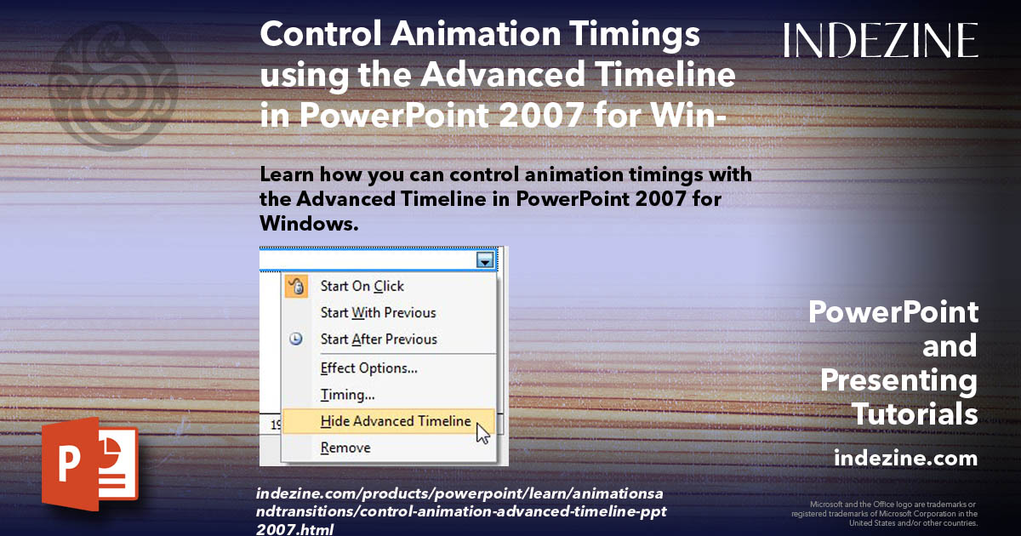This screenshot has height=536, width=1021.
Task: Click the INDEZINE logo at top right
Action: click(x=881, y=40)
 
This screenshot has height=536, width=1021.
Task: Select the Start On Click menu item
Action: click(x=362, y=287)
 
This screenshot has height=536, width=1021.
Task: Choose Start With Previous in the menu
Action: click(x=378, y=313)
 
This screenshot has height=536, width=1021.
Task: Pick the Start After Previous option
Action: click(x=379, y=339)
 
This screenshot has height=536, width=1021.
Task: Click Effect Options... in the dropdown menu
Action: click(x=368, y=369)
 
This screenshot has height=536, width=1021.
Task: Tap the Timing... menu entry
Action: click(x=347, y=395)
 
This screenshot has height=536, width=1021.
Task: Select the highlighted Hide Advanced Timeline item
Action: click(x=395, y=421)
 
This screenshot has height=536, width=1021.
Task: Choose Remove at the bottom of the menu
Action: click(x=345, y=448)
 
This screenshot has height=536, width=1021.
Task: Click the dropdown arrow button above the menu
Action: click(x=485, y=260)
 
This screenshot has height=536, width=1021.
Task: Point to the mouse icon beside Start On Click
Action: click(x=295, y=287)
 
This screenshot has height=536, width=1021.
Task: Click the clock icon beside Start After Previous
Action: click(x=295, y=339)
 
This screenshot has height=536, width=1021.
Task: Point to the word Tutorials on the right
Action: click(x=915, y=414)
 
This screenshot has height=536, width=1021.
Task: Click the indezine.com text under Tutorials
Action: click(x=905, y=459)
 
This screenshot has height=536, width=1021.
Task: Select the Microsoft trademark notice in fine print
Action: click(x=884, y=514)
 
